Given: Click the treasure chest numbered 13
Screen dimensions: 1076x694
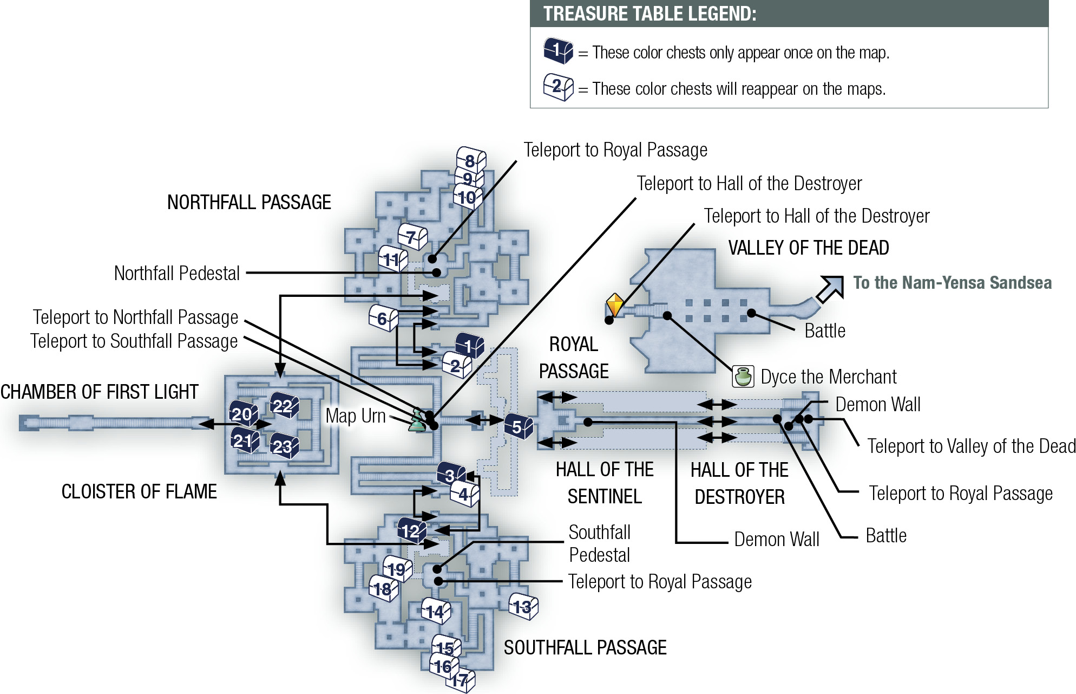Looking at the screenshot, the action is tap(523, 606).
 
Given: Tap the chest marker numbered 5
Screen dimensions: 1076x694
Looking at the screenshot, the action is tap(519, 427).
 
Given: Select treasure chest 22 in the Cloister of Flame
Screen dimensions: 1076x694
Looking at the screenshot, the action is tap(284, 405).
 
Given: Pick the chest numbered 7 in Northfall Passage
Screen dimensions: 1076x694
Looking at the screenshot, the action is tap(412, 237).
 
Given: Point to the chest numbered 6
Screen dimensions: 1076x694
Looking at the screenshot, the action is tap(383, 318).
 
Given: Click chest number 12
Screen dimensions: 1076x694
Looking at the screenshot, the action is tap(412, 530).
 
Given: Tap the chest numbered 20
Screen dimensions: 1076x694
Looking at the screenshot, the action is tap(243, 414).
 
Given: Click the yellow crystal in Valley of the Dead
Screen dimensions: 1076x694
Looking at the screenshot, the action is tap(614, 304).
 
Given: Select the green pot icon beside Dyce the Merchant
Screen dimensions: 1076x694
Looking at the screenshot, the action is tap(743, 376).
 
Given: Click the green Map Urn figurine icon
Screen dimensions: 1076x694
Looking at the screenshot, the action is tap(417, 420).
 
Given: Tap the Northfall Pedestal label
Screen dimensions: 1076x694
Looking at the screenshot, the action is tap(177, 273).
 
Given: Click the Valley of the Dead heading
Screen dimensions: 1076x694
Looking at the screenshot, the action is tap(809, 248).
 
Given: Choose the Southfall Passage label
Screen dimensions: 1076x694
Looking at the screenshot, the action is tap(585, 647).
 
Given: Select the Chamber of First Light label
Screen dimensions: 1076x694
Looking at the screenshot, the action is tap(100, 392).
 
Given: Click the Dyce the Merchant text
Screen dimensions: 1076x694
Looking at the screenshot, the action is tap(829, 377).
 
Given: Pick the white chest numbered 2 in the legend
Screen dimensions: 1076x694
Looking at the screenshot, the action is tap(559, 87).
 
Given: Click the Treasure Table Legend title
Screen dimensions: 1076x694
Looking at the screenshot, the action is tap(650, 14).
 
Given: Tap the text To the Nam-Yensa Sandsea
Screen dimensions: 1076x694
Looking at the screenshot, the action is tap(953, 283).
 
